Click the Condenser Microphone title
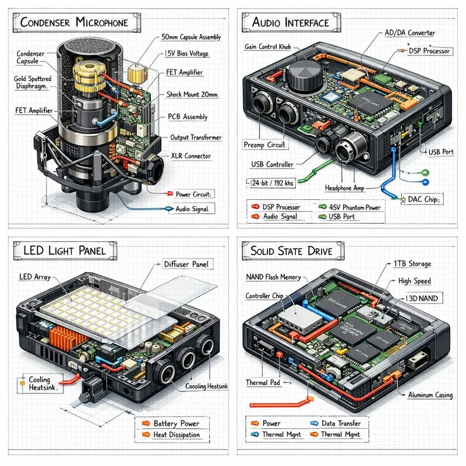pyautogui.click(x=73, y=23)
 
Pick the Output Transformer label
pyautogui.click(x=196, y=137)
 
